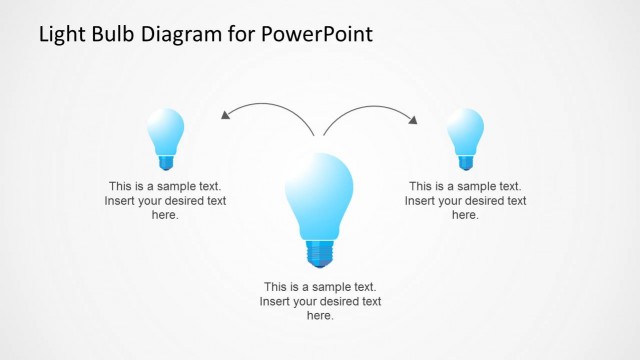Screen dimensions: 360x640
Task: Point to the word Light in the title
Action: [61, 34]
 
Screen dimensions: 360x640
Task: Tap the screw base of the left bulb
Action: [165, 160]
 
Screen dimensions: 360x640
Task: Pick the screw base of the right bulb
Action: [465, 160]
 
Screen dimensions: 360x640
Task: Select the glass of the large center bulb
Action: [319, 193]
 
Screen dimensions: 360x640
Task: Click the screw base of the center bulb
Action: [319, 253]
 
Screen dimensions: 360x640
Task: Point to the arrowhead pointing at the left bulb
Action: [226, 117]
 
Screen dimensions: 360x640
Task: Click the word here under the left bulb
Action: [165, 215]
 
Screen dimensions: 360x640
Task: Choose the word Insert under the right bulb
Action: [421, 201]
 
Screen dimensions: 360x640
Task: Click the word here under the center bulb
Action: [319, 315]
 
